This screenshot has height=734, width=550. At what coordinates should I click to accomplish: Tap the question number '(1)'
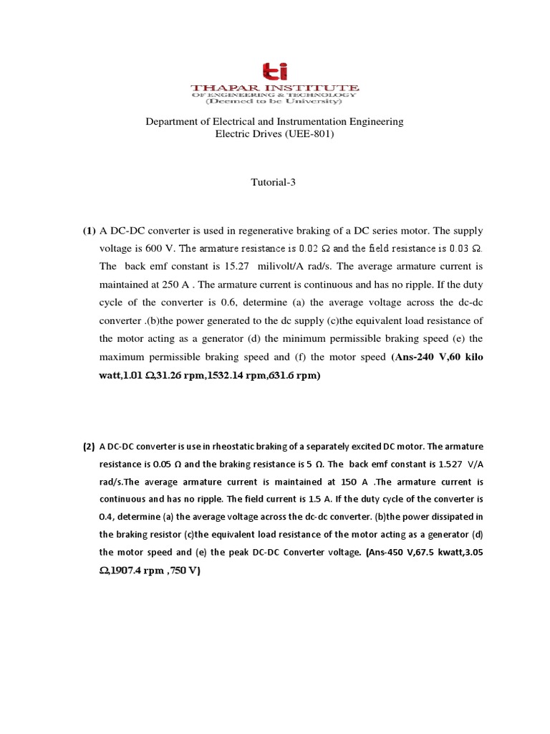[88, 231]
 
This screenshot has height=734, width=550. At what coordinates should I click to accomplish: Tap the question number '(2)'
[88, 447]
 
